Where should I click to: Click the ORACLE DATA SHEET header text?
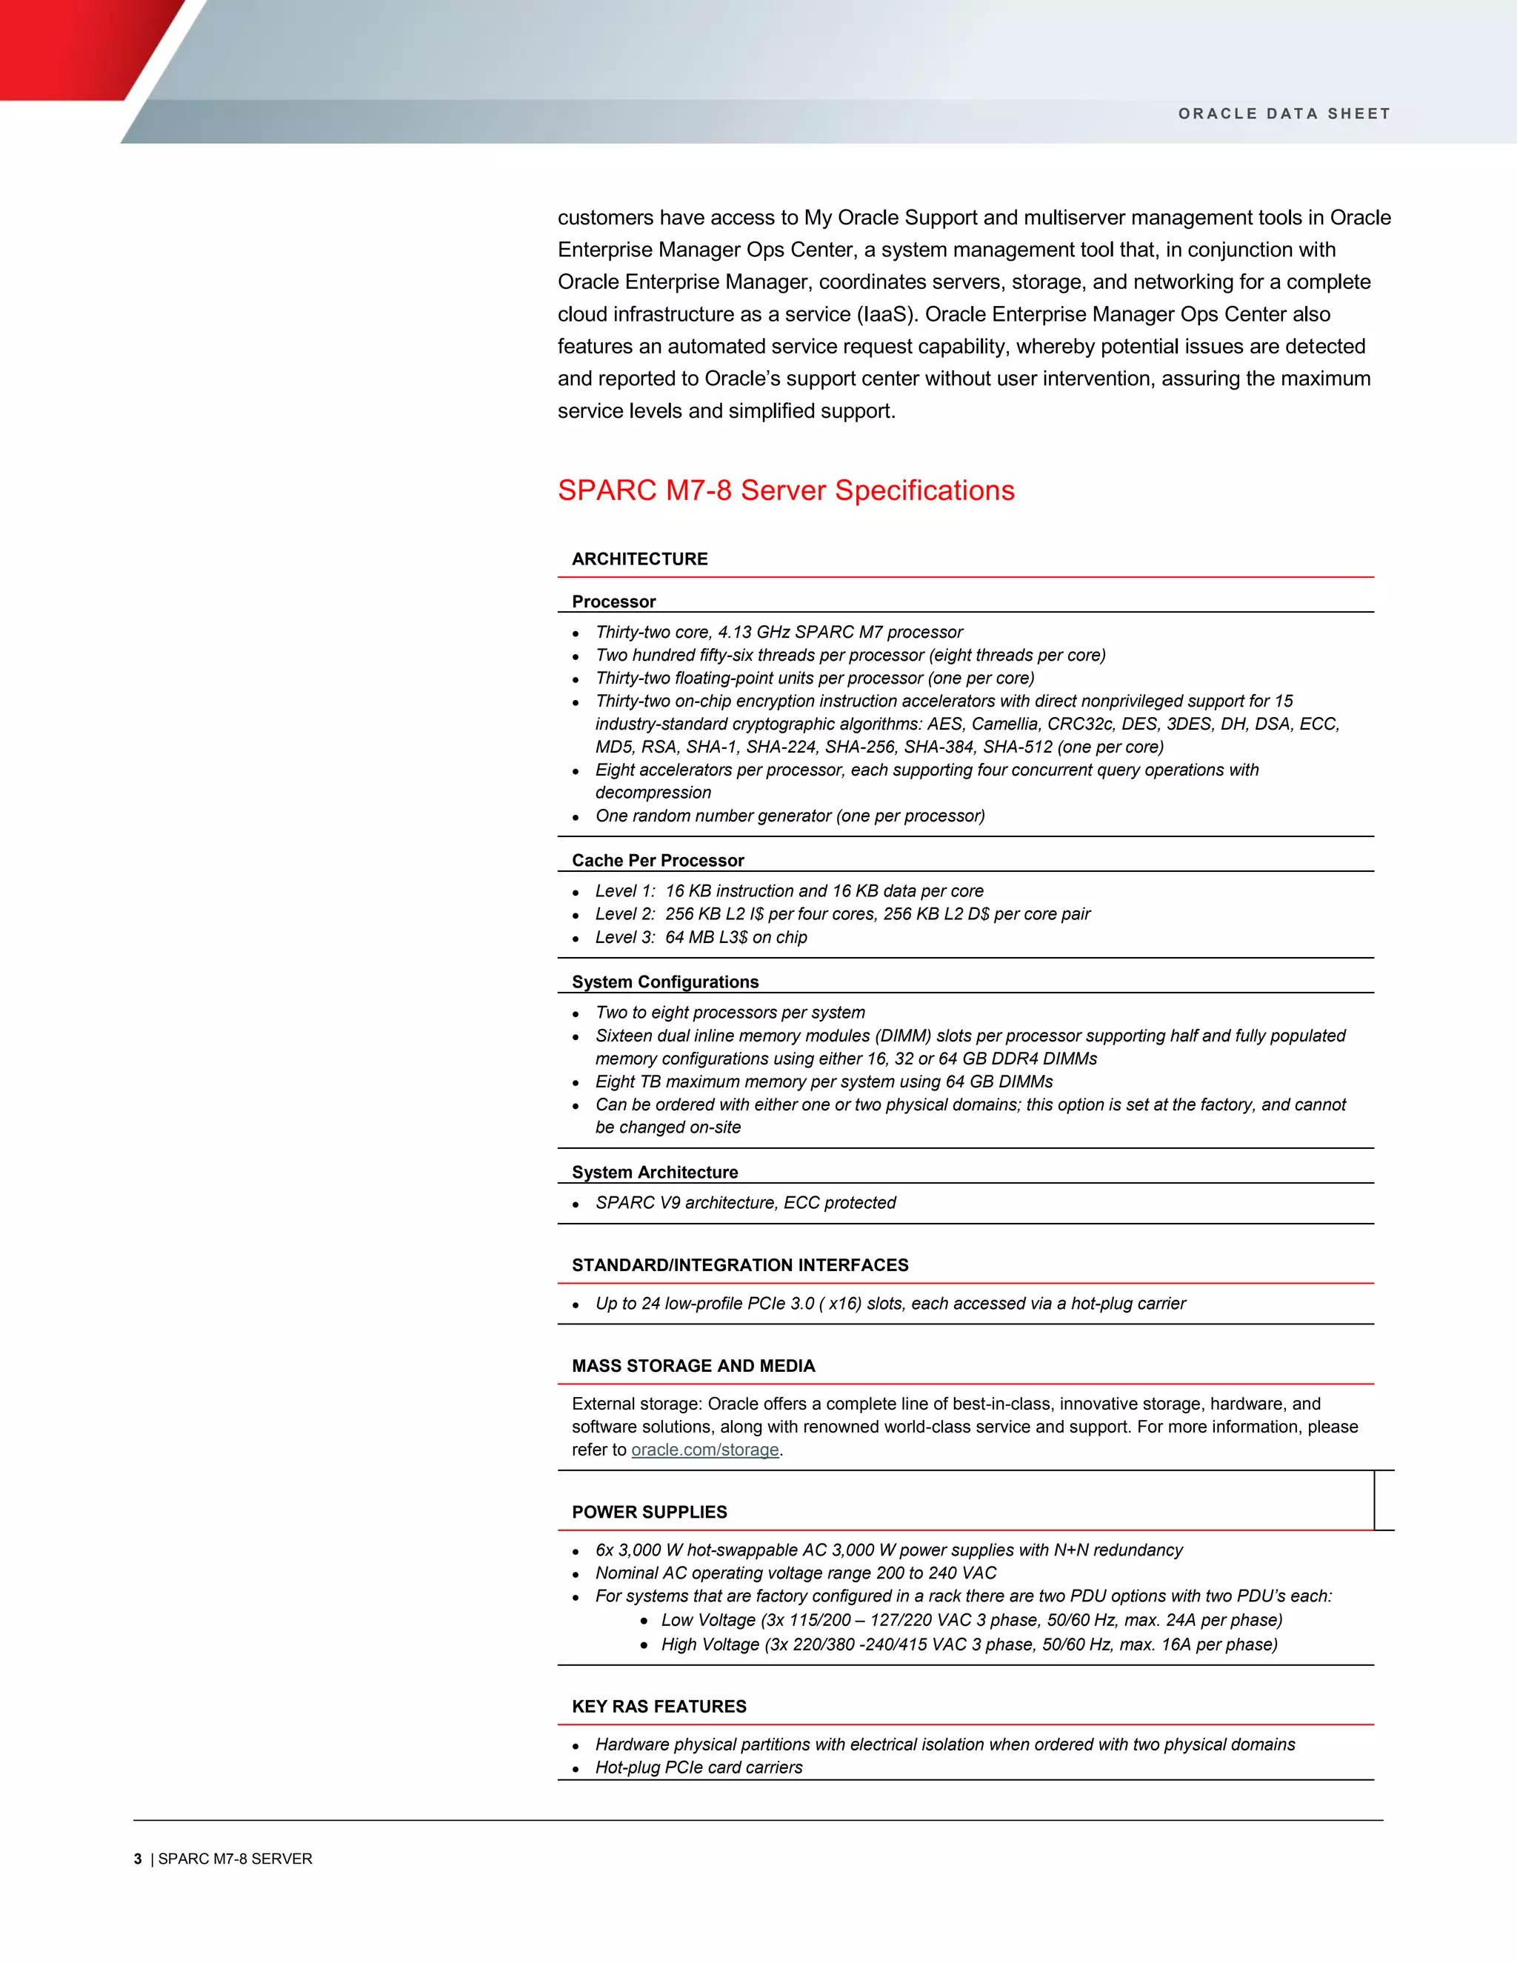pyautogui.click(x=1284, y=114)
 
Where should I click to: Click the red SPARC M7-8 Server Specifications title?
pyautogui.click(x=785, y=490)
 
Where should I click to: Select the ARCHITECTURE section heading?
pyautogui.click(x=640, y=559)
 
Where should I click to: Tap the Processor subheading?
pyautogui.click(x=614, y=601)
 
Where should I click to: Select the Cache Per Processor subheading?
pyautogui.click(x=658, y=860)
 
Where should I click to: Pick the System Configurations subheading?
pyautogui.click(x=665, y=981)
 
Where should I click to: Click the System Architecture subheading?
pyautogui.click(x=654, y=1172)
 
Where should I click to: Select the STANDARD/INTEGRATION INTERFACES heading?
pyautogui.click(x=740, y=1264)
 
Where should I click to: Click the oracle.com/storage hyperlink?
pyautogui.click(x=704, y=1450)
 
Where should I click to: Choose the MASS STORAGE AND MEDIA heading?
pyautogui.click(x=693, y=1365)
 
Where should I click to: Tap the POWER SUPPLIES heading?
pyautogui.click(x=649, y=1512)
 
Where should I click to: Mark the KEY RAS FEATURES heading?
pyautogui.click(x=659, y=1706)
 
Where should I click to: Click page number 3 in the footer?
pyautogui.click(x=138, y=1859)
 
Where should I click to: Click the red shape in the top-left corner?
pyautogui.click(x=72, y=45)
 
